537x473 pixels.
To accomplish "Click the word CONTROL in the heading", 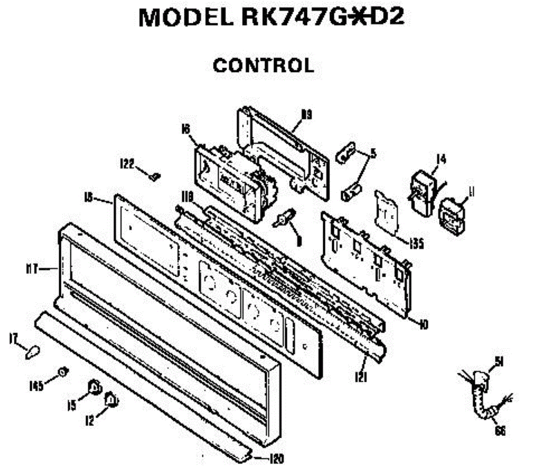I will (x=263, y=66).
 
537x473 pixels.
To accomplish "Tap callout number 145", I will (x=36, y=384).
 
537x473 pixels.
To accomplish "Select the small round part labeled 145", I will (x=63, y=371).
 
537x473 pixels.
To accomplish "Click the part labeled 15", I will (x=95, y=387).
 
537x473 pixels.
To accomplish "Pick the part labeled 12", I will (x=110, y=399).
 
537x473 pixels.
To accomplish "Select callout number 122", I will (x=127, y=164).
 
